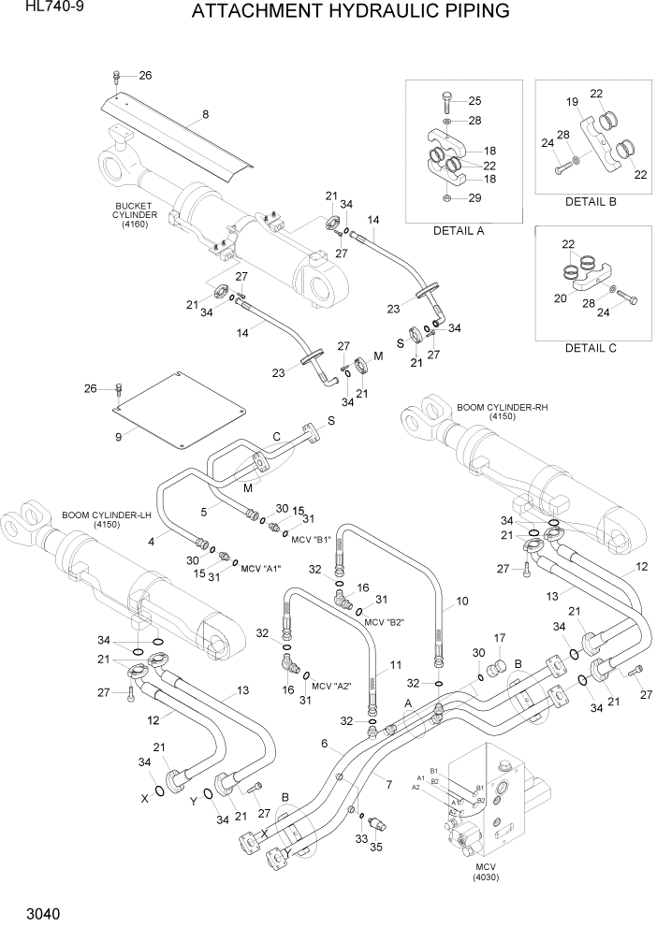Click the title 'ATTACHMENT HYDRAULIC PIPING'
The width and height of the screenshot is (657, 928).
pos(350,12)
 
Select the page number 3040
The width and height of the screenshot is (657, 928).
pos(31,909)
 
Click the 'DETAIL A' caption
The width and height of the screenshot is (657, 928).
pos(458,230)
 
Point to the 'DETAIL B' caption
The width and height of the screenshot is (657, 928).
pos(591,201)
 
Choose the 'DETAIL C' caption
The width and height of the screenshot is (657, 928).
pos(591,348)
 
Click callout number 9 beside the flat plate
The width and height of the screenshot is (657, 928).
pos(119,436)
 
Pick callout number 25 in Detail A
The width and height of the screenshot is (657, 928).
pos(474,101)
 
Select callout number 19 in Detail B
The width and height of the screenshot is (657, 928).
pos(570,102)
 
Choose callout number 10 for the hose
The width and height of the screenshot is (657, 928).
pos(461,602)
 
